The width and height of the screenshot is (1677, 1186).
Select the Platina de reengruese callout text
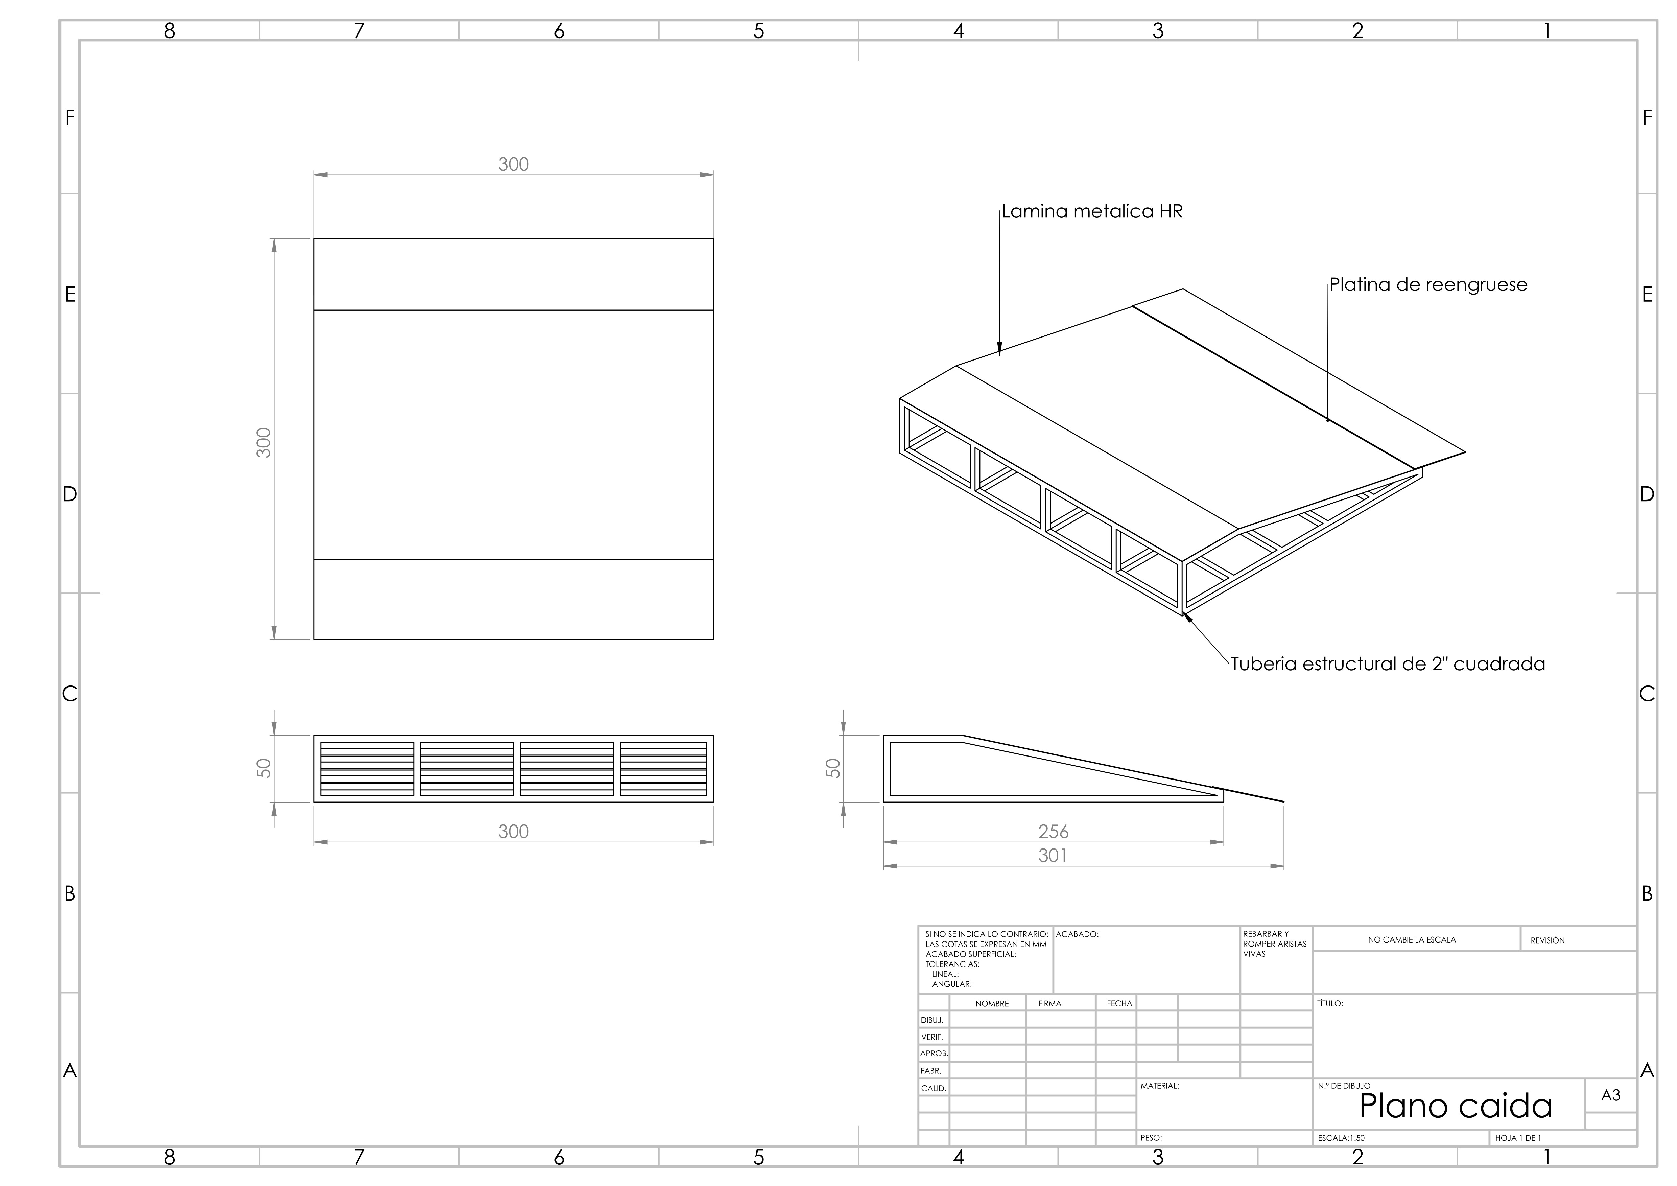[1428, 285]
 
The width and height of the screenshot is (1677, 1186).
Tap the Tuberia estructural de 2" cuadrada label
[1388, 664]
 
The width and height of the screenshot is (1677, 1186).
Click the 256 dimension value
[1053, 832]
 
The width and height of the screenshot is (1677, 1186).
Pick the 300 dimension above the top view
[514, 164]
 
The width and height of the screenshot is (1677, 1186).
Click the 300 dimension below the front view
[514, 832]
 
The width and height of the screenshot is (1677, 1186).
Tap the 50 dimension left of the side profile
[833, 768]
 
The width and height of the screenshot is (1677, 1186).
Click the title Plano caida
[1455, 1106]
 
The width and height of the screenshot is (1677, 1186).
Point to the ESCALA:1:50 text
[1341, 1138]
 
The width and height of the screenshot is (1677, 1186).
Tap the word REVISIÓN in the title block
[1548, 940]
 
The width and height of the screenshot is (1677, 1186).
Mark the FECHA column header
[1119, 1003]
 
